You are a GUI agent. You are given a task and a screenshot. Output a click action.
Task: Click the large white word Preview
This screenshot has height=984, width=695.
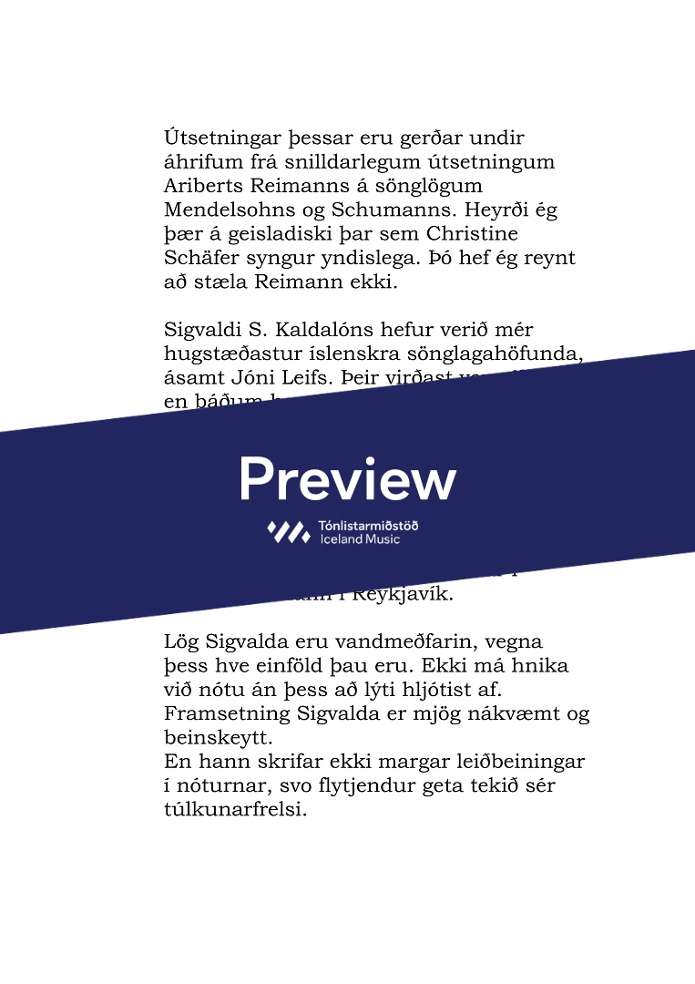[x=348, y=478]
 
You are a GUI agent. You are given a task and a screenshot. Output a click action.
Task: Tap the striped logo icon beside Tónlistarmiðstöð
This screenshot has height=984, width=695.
[x=288, y=532]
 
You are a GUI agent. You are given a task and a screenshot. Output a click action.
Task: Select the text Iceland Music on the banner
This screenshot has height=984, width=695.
[x=360, y=539]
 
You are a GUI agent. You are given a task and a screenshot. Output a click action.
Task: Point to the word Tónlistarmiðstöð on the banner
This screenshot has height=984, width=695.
[x=369, y=526]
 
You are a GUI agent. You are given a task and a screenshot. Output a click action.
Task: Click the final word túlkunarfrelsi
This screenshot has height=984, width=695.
[x=235, y=808]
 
